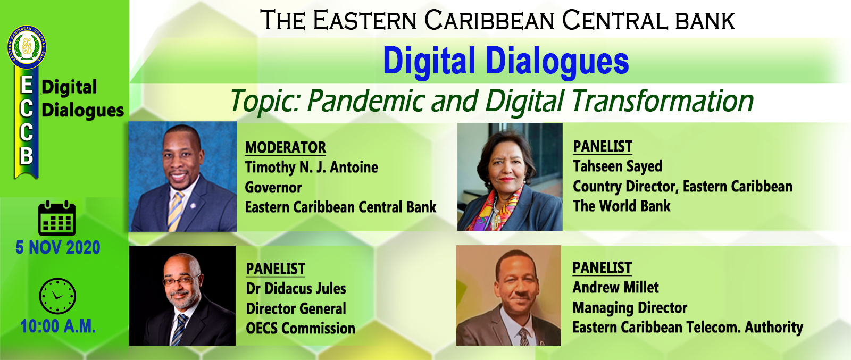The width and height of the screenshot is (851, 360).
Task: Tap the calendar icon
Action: coord(57,218)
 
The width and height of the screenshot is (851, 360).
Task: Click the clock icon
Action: coord(57,296)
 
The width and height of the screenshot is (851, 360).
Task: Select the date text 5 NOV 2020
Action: coord(58,248)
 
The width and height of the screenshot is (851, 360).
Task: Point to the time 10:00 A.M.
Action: coord(58,326)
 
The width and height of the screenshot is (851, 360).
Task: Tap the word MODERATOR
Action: coord(285,147)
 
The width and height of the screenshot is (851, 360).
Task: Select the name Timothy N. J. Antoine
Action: coord(312,168)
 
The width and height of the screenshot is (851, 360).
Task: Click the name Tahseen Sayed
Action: coord(618,166)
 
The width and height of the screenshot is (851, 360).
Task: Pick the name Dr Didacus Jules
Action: coord(296,289)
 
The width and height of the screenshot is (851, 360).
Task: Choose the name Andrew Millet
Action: coord(615,288)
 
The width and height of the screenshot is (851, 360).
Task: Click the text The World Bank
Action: coord(622,206)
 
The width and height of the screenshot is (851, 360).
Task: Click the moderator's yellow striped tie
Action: coord(176,211)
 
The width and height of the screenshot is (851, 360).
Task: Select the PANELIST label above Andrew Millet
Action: coord(602,268)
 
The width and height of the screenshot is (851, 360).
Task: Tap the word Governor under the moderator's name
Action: coord(273,188)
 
